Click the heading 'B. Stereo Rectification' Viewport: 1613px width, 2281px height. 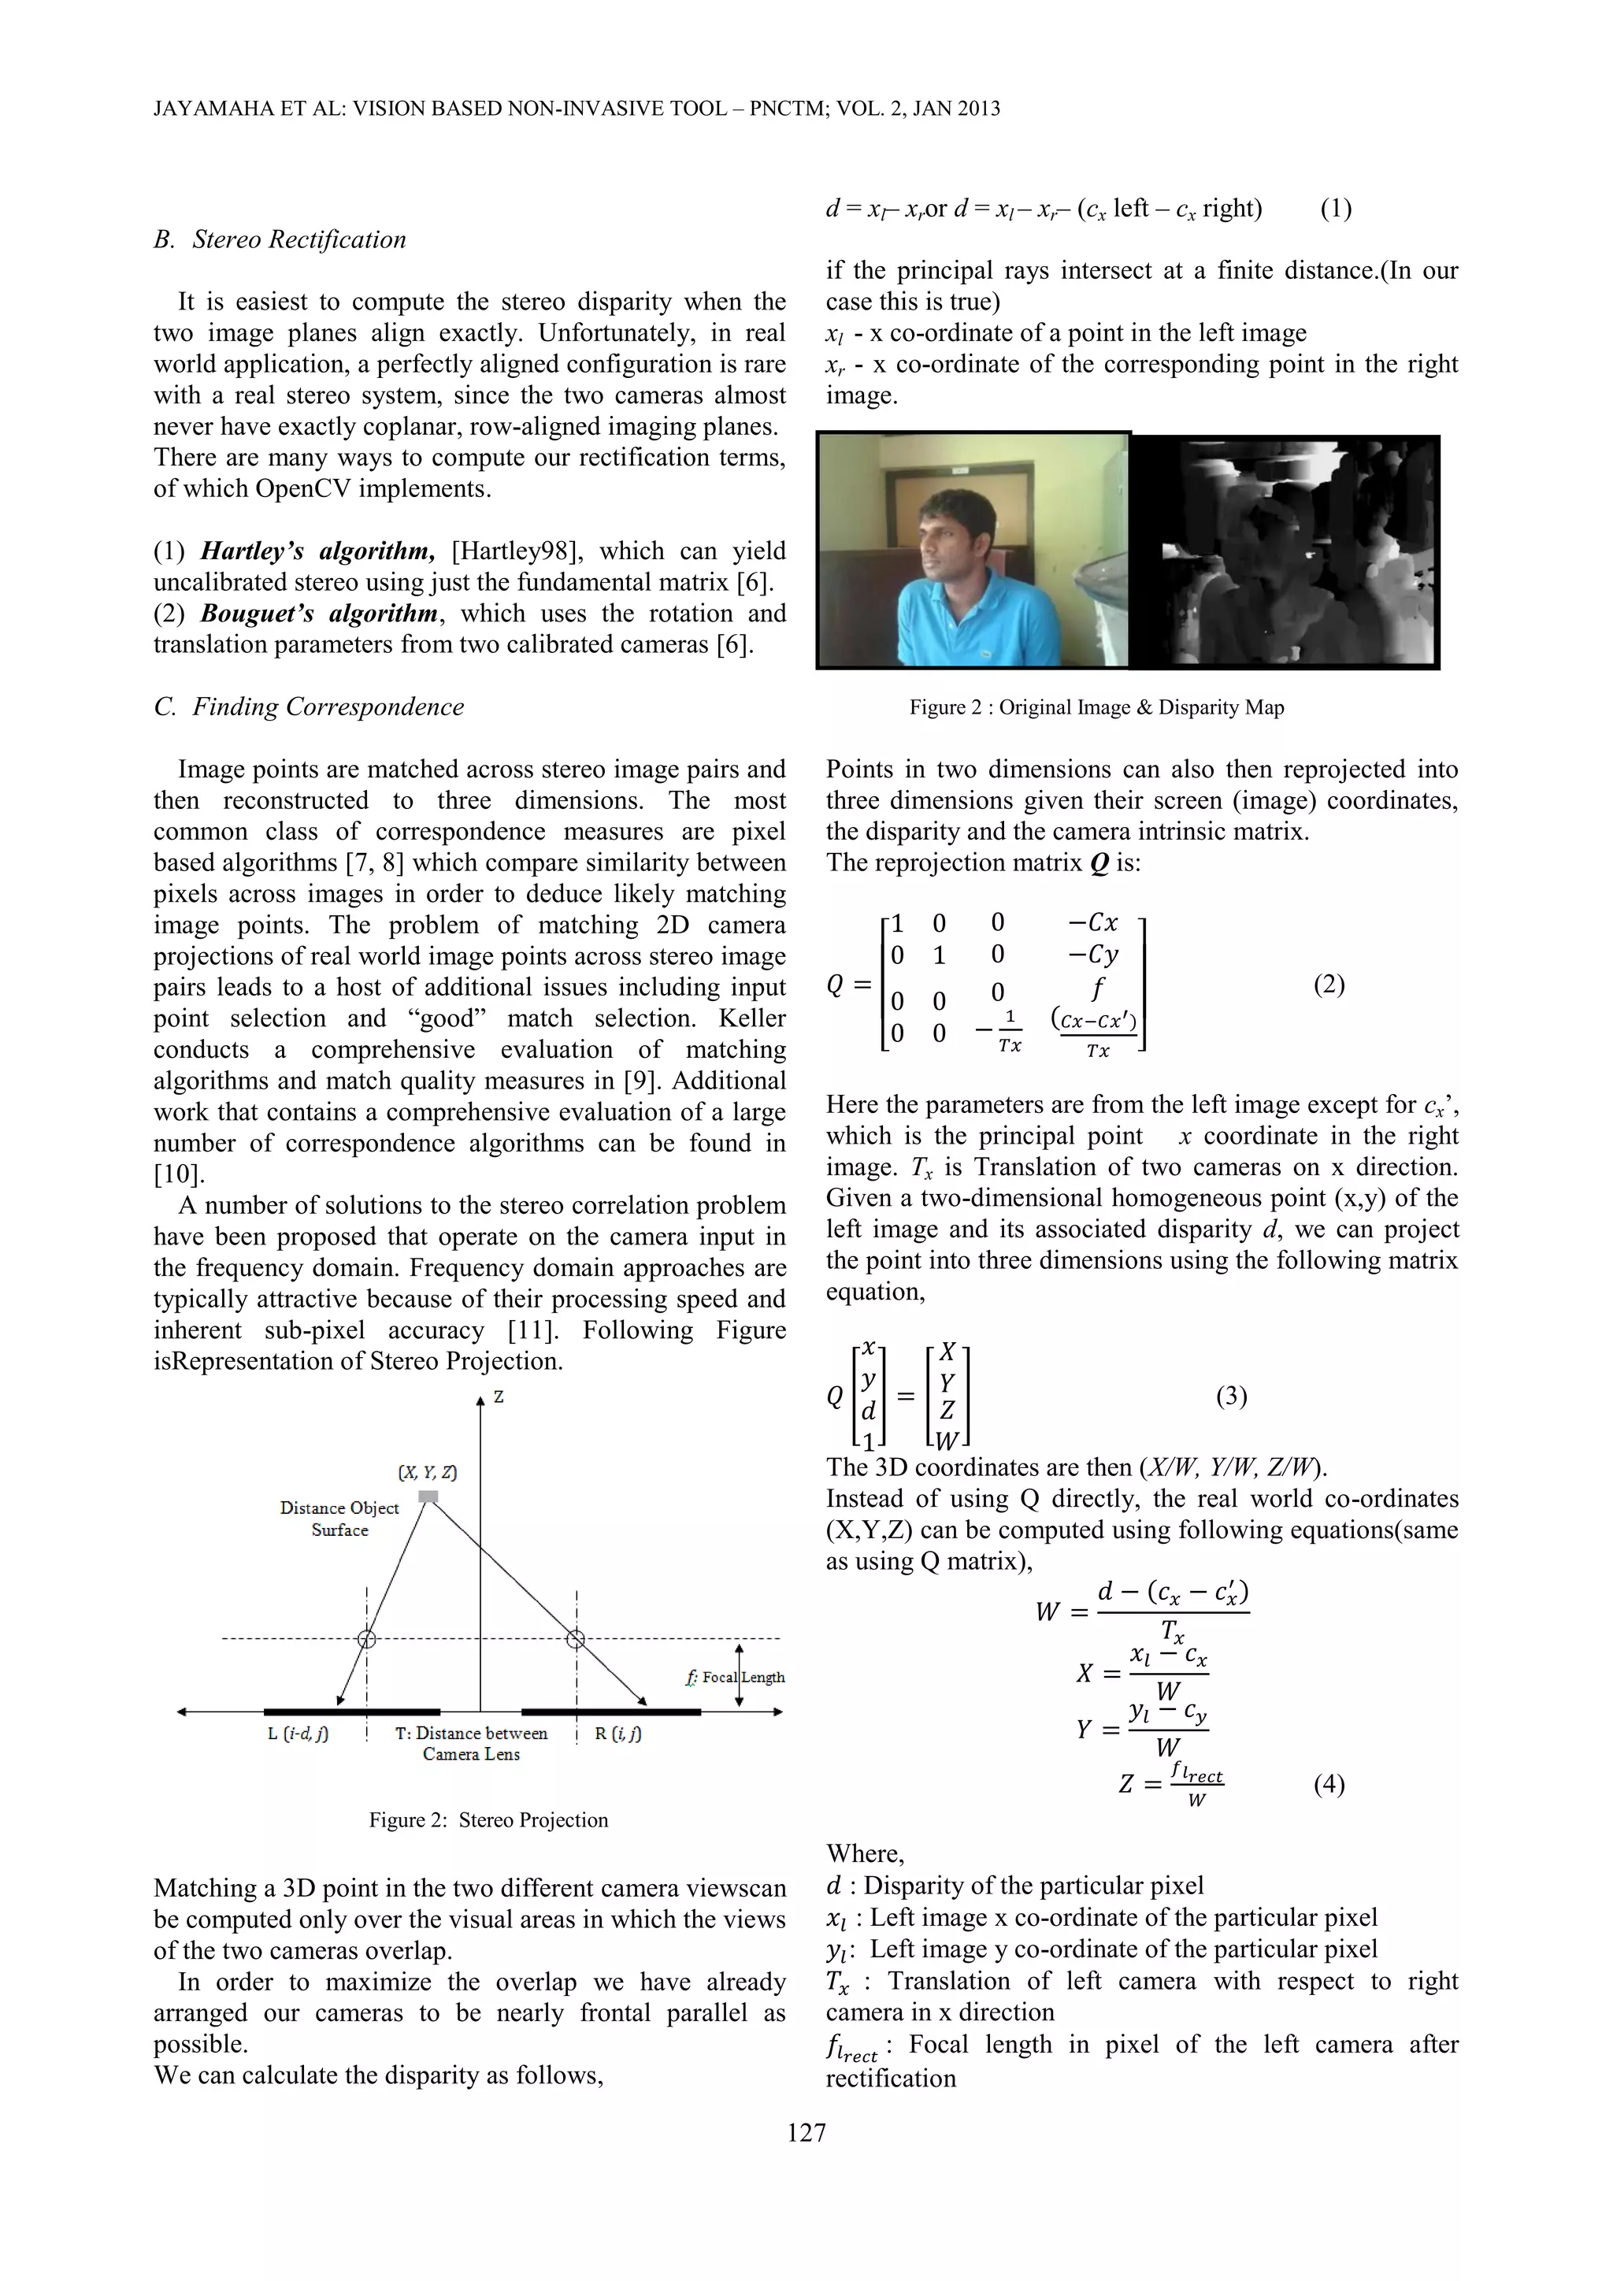(280, 239)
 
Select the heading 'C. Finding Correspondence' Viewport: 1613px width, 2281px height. (309, 707)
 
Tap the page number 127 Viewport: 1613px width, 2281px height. (806, 2132)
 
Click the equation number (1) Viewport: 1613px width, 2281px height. (1335, 209)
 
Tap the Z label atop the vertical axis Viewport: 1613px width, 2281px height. (499, 1396)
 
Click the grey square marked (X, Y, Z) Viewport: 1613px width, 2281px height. (428, 1497)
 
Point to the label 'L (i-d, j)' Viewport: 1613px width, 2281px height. (298, 1734)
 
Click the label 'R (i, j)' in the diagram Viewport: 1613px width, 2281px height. (617, 1734)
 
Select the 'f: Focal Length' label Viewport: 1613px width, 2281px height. (735, 1677)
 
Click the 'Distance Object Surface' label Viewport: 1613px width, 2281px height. (339, 1518)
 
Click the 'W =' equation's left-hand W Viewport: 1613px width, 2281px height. (1047, 1612)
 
